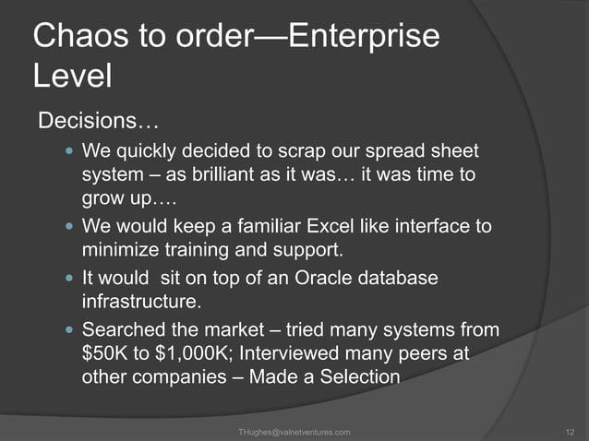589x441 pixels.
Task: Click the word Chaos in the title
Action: (x=77, y=36)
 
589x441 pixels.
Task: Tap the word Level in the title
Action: (x=72, y=77)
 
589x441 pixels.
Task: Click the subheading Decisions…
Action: (x=97, y=122)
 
